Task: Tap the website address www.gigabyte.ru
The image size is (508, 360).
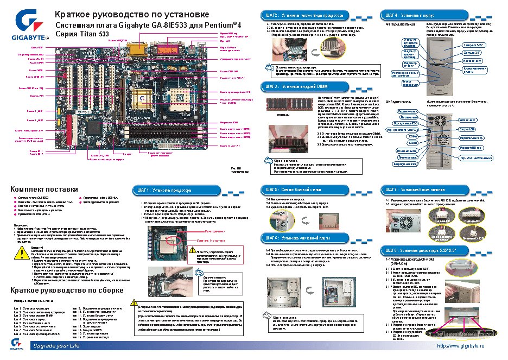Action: (x=460, y=346)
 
